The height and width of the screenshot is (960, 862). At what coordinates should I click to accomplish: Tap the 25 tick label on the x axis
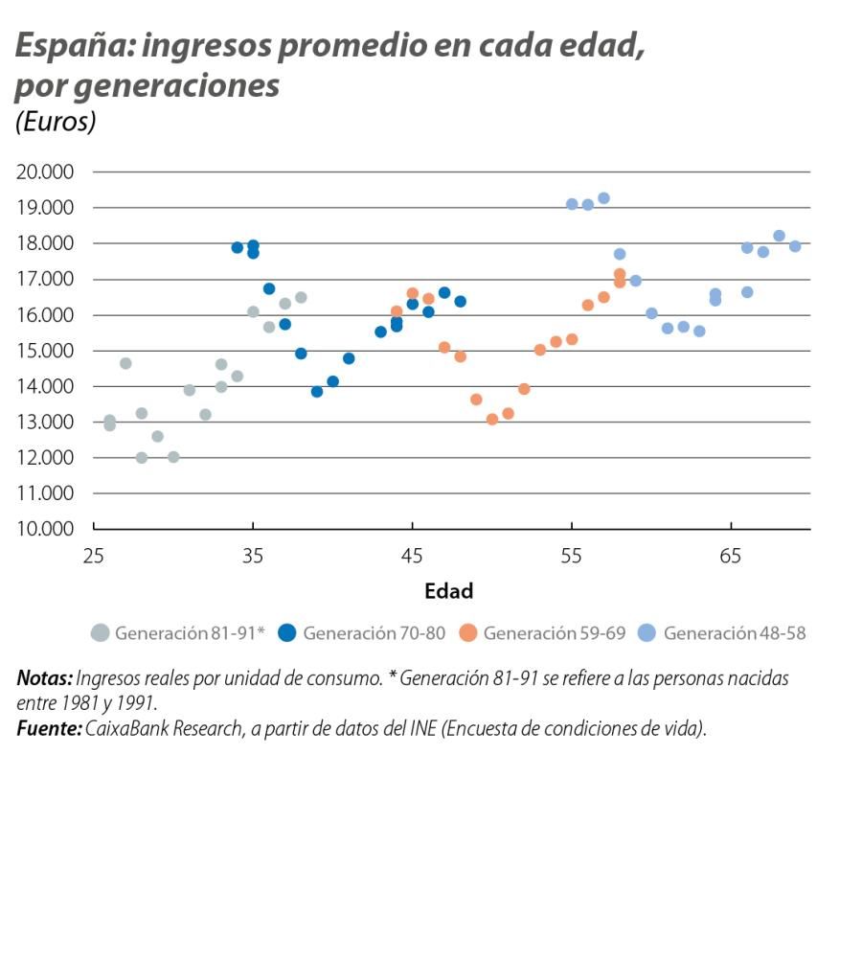[94, 555]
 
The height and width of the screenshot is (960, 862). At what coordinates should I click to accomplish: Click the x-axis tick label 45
[412, 555]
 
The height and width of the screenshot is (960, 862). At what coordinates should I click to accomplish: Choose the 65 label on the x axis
[731, 555]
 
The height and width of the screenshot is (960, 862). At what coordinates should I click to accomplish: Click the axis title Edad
[448, 591]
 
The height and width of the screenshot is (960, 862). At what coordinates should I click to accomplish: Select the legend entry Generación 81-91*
[178, 633]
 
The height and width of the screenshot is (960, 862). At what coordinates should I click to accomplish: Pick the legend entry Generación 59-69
[543, 633]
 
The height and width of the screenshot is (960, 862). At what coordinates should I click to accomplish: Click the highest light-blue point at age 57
[603, 198]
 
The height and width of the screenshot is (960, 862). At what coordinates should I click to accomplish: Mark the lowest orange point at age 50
[492, 420]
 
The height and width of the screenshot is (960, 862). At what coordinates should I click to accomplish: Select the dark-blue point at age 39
[317, 392]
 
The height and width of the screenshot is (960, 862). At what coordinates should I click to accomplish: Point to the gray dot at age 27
[125, 363]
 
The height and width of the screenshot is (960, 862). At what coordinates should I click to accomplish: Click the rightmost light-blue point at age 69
[795, 246]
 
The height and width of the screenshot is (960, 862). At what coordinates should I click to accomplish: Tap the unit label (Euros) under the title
[56, 123]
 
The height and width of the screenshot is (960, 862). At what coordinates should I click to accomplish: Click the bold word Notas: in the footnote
[45, 678]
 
